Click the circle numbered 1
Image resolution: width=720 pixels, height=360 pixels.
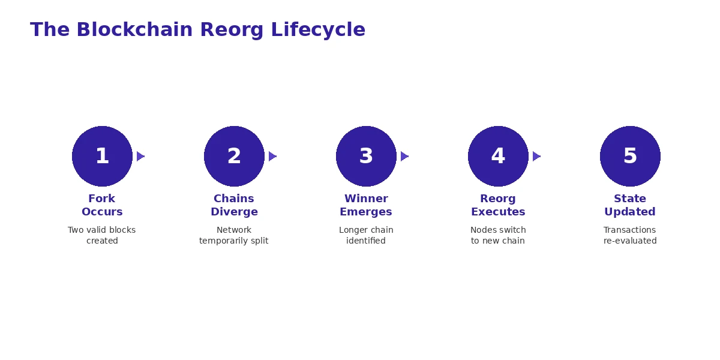coord(102,156)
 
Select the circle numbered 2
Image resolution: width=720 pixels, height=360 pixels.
coord(234,156)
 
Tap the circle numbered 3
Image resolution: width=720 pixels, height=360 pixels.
coord(366,156)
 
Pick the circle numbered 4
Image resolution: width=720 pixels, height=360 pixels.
coord(498,156)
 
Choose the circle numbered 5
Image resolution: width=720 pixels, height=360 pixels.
coord(630,156)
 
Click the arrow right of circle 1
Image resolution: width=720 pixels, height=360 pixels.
coord(140,156)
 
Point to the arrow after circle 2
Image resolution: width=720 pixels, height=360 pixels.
coord(272,156)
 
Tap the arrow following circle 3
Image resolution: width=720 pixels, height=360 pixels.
coord(404,156)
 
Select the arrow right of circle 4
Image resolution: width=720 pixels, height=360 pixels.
coord(536,156)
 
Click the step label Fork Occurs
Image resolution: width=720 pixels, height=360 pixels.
coord(102,205)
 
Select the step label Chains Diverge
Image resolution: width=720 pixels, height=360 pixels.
coord(234,205)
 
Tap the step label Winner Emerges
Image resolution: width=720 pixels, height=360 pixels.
coord(366,205)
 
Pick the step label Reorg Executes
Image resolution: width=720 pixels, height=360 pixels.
coord(498,205)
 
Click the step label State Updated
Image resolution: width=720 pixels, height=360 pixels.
coord(630,205)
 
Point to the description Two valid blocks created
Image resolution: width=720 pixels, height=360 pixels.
coord(102,235)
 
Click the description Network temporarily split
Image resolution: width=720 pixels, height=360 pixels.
coord(234,235)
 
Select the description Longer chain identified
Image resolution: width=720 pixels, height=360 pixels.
coord(366,235)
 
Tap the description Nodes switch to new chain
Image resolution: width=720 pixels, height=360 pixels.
coord(498,235)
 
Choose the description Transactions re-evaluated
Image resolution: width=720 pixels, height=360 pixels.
coord(630,235)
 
